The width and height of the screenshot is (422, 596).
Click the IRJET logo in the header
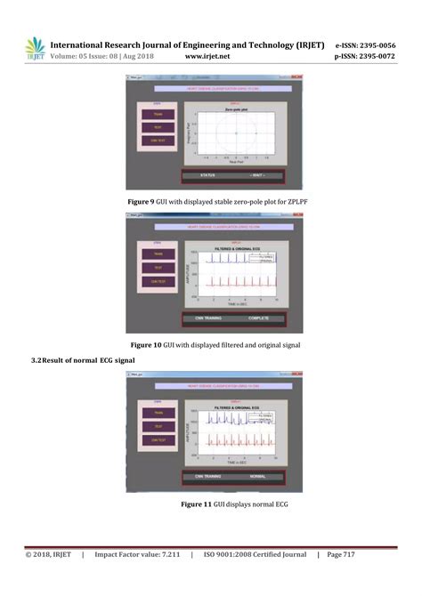(35, 48)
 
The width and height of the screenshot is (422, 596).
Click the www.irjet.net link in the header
(207, 57)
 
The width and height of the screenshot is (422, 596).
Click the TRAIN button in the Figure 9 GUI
(158, 113)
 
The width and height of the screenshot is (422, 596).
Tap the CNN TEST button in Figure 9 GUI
(158, 141)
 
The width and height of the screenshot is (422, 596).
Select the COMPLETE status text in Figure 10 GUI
(258, 318)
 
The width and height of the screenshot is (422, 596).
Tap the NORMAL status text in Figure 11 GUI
(258, 477)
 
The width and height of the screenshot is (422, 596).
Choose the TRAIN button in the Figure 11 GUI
(158, 412)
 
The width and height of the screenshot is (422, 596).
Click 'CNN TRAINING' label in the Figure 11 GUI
(208, 477)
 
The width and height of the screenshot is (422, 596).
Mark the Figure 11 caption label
(194, 504)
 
